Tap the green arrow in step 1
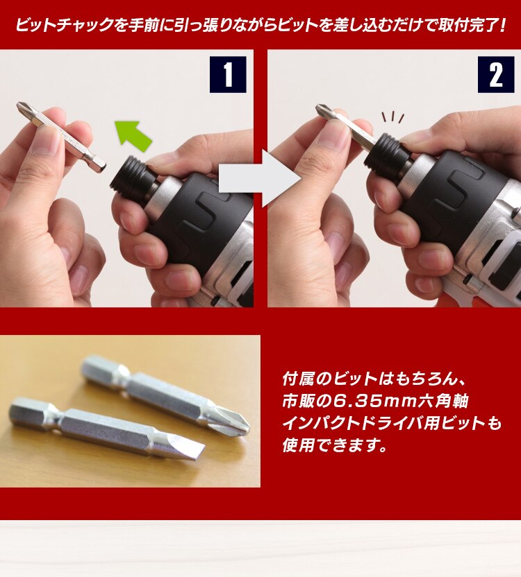tap(133, 135)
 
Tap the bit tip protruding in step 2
tap(323, 110)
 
